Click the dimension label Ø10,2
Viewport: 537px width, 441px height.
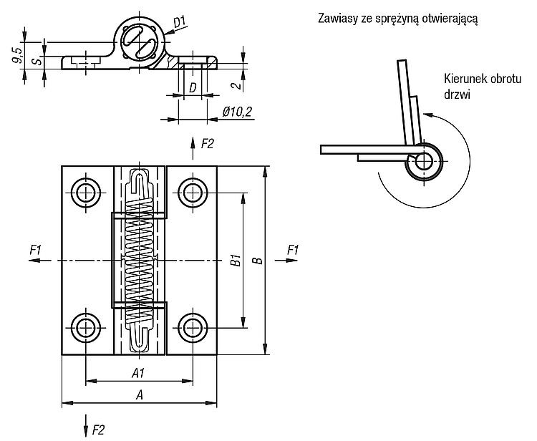[x=238, y=112]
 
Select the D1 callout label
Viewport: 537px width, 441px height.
[x=180, y=23]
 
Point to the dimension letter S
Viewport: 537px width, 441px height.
[x=39, y=62]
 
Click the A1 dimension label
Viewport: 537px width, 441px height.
[x=138, y=373]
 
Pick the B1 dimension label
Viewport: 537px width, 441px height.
[x=236, y=260]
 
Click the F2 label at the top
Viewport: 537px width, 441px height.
[x=207, y=144]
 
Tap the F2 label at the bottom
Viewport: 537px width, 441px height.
[x=98, y=430]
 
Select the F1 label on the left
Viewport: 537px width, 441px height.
[x=35, y=251]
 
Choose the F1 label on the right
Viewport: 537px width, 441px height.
[x=292, y=251]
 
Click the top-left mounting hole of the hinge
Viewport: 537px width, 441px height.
[x=86, y=193]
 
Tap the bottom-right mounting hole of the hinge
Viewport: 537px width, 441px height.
[x=193, y=328]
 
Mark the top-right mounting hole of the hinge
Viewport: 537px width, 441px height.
[x=193, y=193]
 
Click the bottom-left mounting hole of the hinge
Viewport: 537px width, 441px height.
[x=86, y=328]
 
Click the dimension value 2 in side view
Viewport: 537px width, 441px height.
[x=237, y=84]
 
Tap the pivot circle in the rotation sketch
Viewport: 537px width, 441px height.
[x=424, y=160]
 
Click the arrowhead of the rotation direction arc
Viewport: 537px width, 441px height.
[x=427, y=115]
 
